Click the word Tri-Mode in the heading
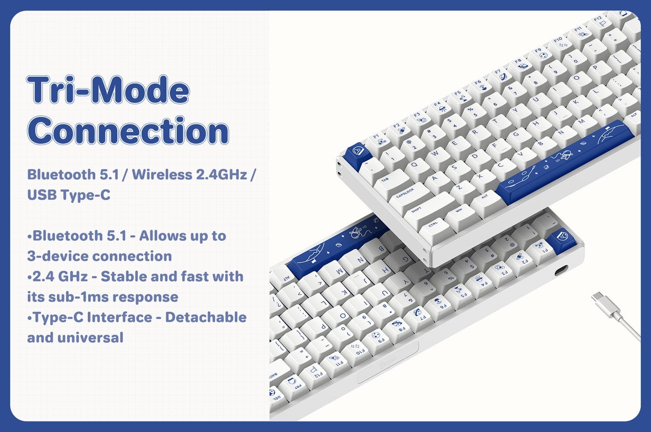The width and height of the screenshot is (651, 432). coord(108,90)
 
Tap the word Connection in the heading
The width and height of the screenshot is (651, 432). coord(128,131)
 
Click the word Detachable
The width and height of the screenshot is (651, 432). coord(206,317)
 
